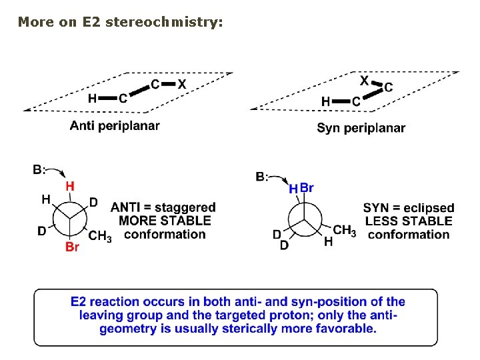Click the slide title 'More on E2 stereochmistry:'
pyautogui.click(x=120, y=22)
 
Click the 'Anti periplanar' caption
pyautogui.click(x=115, y=126)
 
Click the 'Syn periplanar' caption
pyautogui.click(x=361, y=128)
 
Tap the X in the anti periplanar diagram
pyautogui.click(x=181, y=84)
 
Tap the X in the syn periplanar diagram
pyautogui.click(x=364, y=81)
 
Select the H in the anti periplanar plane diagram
pyautogui.click(x=93, y=99)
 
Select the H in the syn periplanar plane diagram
pyautogui.click(x=325, y=101)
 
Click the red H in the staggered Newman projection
pyautogui.click(x=69, y=187)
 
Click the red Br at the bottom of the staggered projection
pyautogui.click(x=72, y=247)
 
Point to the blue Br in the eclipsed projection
pyautogui.click(x=306, y=188)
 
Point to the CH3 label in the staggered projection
pyautogui.click(x=100, y=235)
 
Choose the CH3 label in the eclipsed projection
pyautogui.click(x=344, y=231)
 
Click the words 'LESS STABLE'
pyautogui.click(x=409, y=221)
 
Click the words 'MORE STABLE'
pyautogui.click(x=165, y=221)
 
